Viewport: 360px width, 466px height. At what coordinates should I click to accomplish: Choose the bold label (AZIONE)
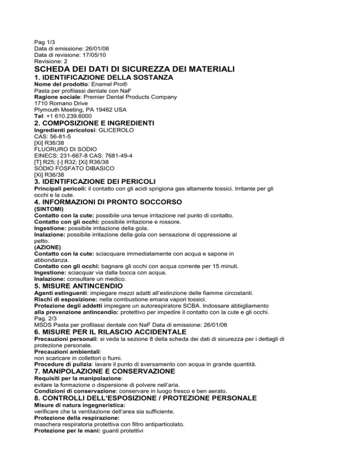tap(49, 247)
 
